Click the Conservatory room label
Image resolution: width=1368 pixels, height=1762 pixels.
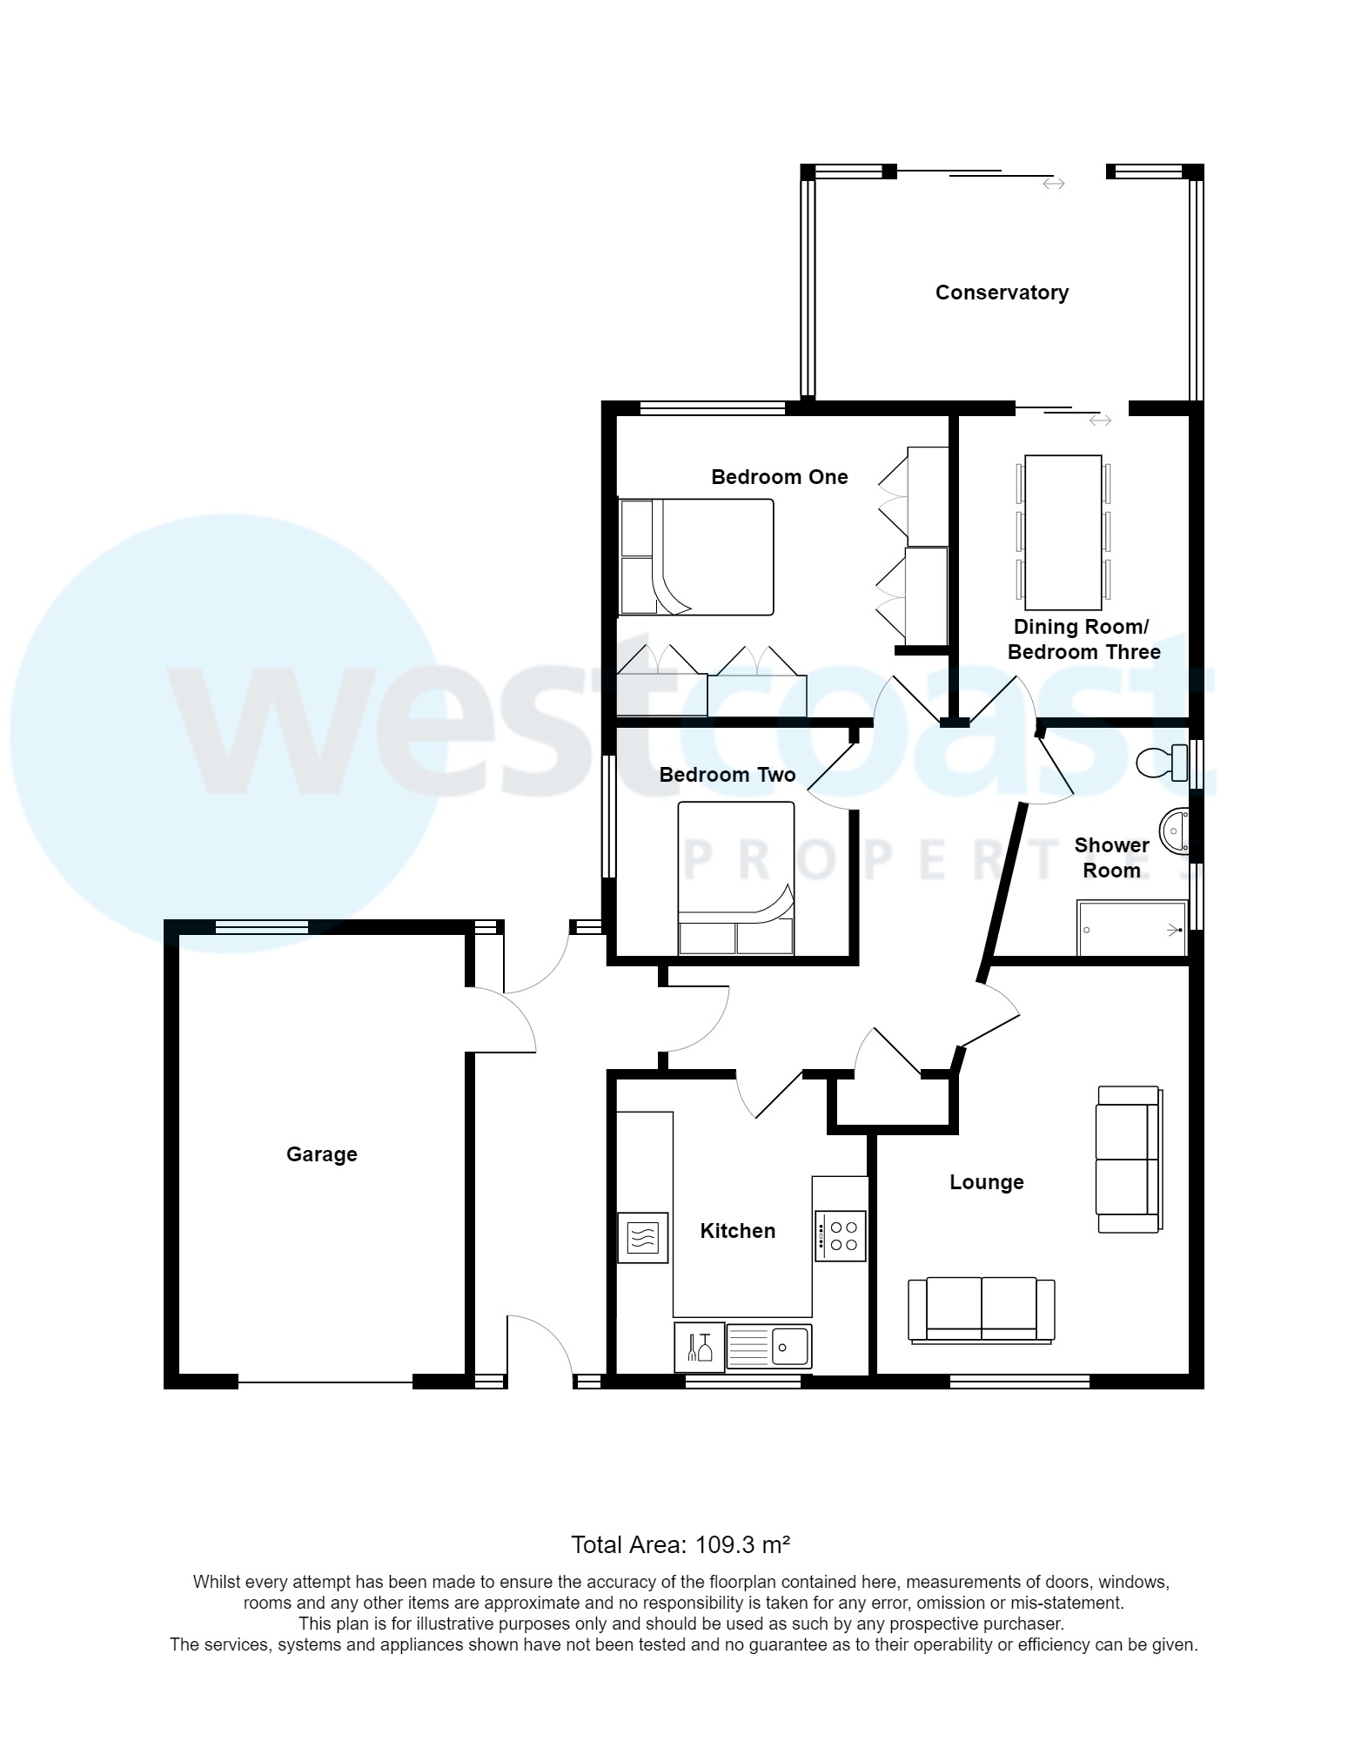coord(1002,293)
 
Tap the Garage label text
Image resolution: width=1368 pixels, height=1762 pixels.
coord(321,1154)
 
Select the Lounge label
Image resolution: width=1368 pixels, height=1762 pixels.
coord(986,1182)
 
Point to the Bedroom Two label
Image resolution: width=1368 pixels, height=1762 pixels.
coord(727,775)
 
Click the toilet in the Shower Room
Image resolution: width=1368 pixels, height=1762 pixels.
coord(1163,763)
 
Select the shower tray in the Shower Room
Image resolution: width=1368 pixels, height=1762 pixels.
coord(1131,929)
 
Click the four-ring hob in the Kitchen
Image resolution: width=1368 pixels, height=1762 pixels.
coord(841,1236)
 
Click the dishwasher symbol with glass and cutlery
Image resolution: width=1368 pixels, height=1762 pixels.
coord(699,1347)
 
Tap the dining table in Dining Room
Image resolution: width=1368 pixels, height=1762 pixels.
coord(1063,532)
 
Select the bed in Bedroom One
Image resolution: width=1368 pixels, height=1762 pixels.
coord(695,557)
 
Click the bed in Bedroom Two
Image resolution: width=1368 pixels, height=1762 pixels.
coord(735,878)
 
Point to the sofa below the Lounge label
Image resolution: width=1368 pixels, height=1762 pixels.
coord(981,1310)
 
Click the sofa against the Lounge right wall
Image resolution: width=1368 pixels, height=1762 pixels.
coord(1129,1159)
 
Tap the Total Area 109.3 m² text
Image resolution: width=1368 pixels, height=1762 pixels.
coord(680,1545)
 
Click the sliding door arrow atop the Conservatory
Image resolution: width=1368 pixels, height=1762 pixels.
coord(1054,184)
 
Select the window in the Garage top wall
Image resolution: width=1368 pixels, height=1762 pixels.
coord(261,928)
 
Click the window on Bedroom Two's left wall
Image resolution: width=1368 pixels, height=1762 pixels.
coord(609,816)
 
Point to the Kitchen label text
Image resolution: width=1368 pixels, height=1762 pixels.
coord(737,1231)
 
